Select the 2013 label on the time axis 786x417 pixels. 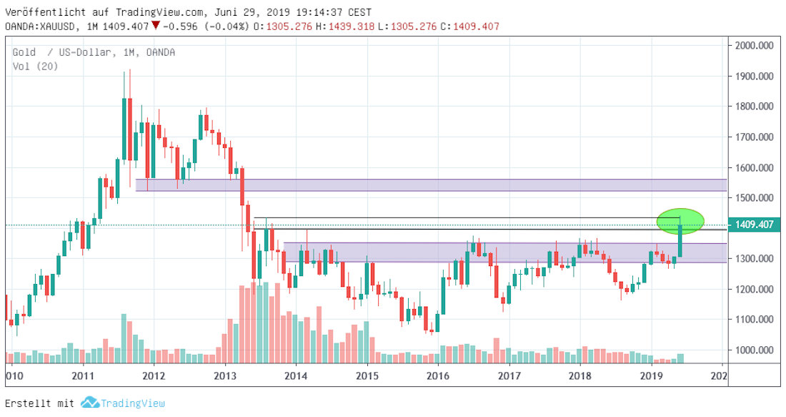coord(225,375)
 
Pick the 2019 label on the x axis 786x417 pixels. coord(651,375)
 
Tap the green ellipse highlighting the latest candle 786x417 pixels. coord(681,221)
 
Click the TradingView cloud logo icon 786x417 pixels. coord(89,403)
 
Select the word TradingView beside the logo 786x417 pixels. coord(132,403)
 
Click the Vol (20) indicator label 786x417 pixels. coord(35,66)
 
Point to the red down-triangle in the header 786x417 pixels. coord(156,26)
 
